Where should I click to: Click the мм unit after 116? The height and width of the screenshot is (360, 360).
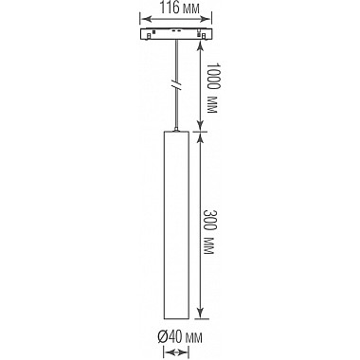pyautogui.click(x=190, y=9)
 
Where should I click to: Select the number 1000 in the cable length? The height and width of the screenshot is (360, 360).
pyautogui.click(x=213, y=76)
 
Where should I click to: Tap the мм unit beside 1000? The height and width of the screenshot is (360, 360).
pyautogui.click(x=213, y=104)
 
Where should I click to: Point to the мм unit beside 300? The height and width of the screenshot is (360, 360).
pyautogui.click(x=209, y=245)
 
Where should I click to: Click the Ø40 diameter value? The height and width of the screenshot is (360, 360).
pyautogui.click(x=169, y=337)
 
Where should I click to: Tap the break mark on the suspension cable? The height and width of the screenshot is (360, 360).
pyautogui.click(x=177, y=86)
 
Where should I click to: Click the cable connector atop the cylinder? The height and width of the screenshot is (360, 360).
pyautogui.click(x=176, y=129)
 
